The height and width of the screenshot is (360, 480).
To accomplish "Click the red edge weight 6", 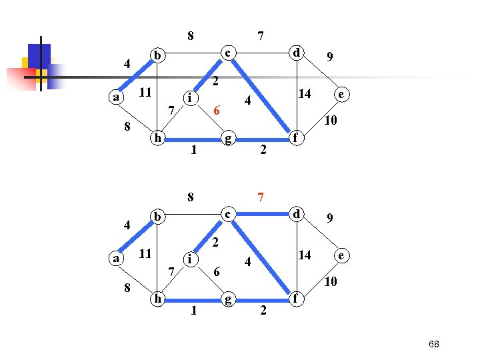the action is [216, 110].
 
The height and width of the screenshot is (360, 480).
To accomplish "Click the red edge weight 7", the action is [263, 197].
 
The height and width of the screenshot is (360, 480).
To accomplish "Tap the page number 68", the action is [434, 343].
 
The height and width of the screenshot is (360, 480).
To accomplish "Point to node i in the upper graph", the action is [191, 97].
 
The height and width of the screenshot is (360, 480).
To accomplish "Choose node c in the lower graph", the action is [228, 214].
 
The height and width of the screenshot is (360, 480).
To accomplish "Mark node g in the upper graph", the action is [228, 139].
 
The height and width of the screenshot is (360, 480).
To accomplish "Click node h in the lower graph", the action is [157, 299].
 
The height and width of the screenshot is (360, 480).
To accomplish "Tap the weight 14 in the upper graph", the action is [304, 94].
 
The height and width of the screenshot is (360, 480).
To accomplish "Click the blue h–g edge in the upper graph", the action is [193, 139].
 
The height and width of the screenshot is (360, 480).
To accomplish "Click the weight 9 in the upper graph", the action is [330, 57].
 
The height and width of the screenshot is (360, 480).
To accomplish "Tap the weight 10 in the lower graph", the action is [330, 282].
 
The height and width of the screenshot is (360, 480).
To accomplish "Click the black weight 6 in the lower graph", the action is [217, 271].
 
